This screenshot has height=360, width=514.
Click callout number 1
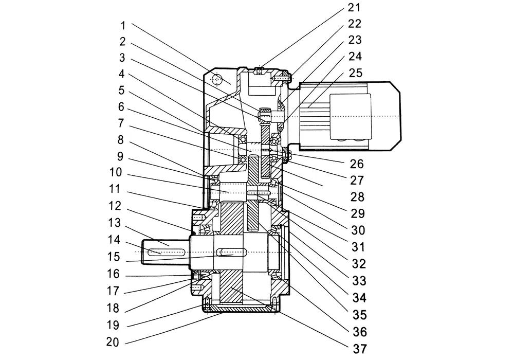(x=123, y=25)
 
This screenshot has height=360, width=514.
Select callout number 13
(x=115, y=223)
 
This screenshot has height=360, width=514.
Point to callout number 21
(x=354, y=8)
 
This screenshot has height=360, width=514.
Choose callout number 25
(x=355, y=73)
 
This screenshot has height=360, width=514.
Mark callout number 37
(x=359, y=349)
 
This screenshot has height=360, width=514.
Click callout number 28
(x=357, y=197)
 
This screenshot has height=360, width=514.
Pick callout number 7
(x=121, y=123)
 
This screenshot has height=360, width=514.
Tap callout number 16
(x=114, y=274)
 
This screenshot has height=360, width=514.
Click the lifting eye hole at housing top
(x=217, y=79)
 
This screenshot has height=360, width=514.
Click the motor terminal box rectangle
(x=351, y=115)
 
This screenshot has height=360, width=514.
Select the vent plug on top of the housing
(x=259, y=70)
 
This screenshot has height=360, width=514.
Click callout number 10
(x=115, y=172)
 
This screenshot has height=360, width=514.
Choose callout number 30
(x=358, y=230)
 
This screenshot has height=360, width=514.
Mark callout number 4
(x=122, y=74)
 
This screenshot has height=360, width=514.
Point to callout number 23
(x=355, y=40)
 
